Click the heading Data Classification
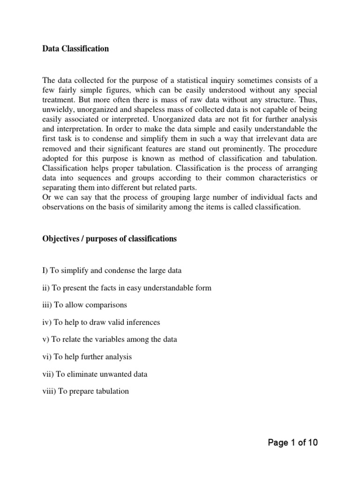tap(75, 49)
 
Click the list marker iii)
tap(46, 305)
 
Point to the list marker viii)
tap(48, 391)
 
